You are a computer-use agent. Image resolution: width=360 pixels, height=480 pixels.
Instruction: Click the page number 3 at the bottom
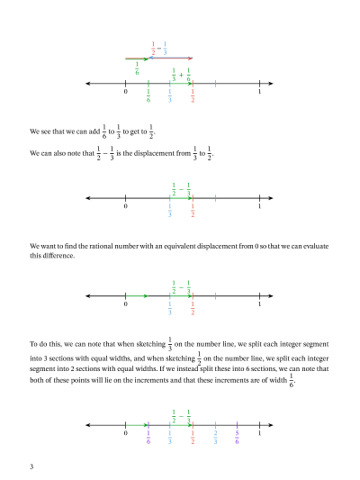(31, 466)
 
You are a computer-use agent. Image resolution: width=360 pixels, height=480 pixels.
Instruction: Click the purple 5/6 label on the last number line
(237, 438)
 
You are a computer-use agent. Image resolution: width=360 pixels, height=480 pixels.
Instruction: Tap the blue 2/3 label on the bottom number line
(215, 438)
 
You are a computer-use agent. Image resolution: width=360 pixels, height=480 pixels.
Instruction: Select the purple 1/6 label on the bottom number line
(148, 438)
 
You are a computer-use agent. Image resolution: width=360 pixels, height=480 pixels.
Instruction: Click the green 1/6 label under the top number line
(148, 95)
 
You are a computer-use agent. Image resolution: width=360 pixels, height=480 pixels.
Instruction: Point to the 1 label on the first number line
(259, 93)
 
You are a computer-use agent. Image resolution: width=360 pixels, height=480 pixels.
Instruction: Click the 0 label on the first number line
(127, 93)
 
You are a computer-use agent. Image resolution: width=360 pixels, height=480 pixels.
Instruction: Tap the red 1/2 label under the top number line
(193, 95)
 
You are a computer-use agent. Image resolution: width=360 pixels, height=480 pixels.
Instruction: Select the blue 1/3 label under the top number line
(171, 95)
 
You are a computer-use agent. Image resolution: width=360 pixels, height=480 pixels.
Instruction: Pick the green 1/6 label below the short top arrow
(137, 68)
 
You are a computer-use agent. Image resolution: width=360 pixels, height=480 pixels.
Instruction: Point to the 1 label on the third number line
(259, 304)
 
